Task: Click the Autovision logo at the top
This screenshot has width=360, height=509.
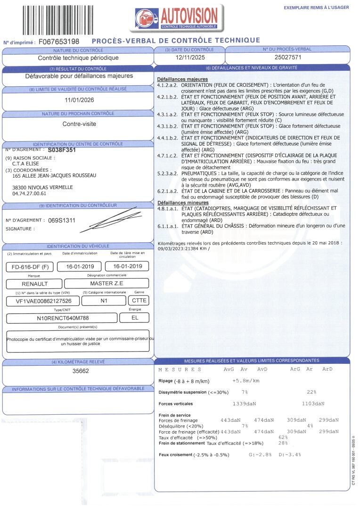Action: tap(177, 19)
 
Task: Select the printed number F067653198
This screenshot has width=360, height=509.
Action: tap(59, 42)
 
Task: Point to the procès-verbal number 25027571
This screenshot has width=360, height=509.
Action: tap(288, 57)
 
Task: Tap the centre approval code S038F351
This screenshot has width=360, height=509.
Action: tap(62, 150)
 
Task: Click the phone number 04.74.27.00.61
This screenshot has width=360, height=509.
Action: tap(29, 193)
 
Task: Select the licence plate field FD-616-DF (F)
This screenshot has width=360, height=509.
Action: tap(30, 267)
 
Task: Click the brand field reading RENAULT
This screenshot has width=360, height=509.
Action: tap(34, 284)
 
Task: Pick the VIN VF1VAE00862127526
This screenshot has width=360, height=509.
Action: tap(44, 301)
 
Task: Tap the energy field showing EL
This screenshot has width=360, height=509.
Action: tap(136, 318)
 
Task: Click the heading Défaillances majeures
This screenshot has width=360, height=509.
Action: tap(182, 79)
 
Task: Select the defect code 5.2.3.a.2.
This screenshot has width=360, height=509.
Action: tap(167, 173)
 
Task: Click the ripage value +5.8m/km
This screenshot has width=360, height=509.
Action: tap(246, 380)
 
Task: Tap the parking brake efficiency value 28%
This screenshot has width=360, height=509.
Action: tap(283, 443)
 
